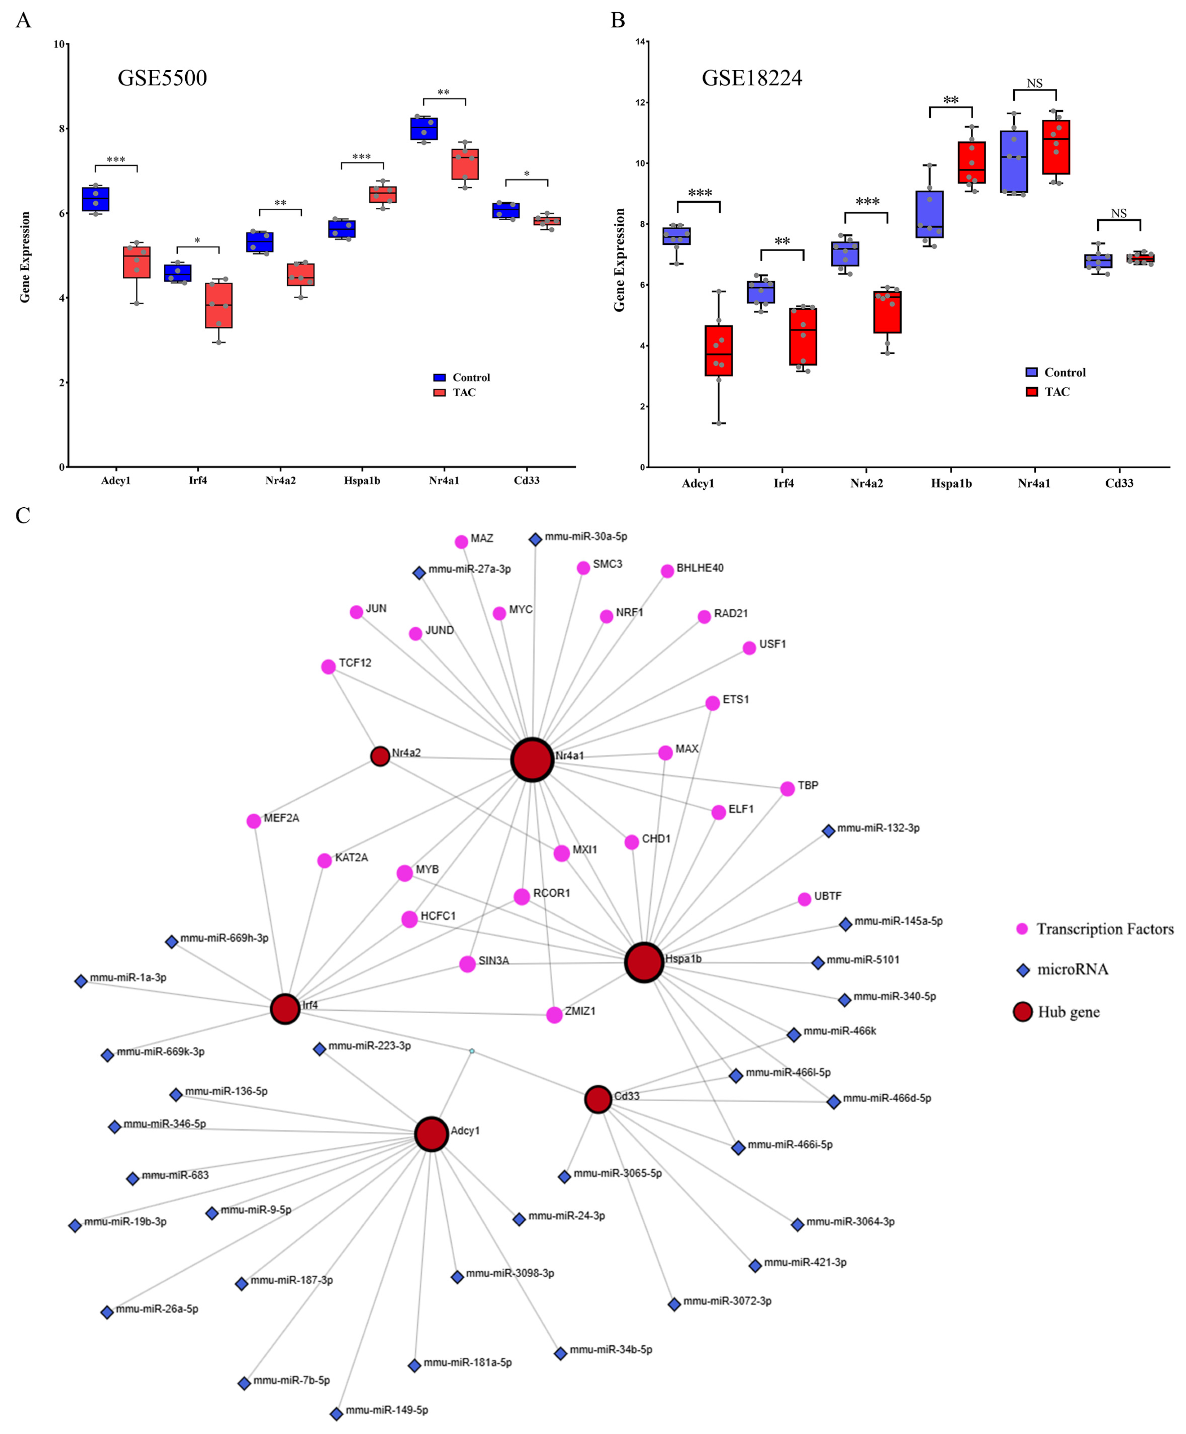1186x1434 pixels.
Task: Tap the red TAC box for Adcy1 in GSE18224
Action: pos(718,350)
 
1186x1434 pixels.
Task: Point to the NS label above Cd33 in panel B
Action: pos(1118,214)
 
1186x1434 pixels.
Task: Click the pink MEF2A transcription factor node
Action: pos(253,821)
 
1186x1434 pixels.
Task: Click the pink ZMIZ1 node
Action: pos(554,1015)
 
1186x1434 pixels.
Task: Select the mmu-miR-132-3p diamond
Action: pos(828,831)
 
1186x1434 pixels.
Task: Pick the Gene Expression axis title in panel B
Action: pos(619,260)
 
